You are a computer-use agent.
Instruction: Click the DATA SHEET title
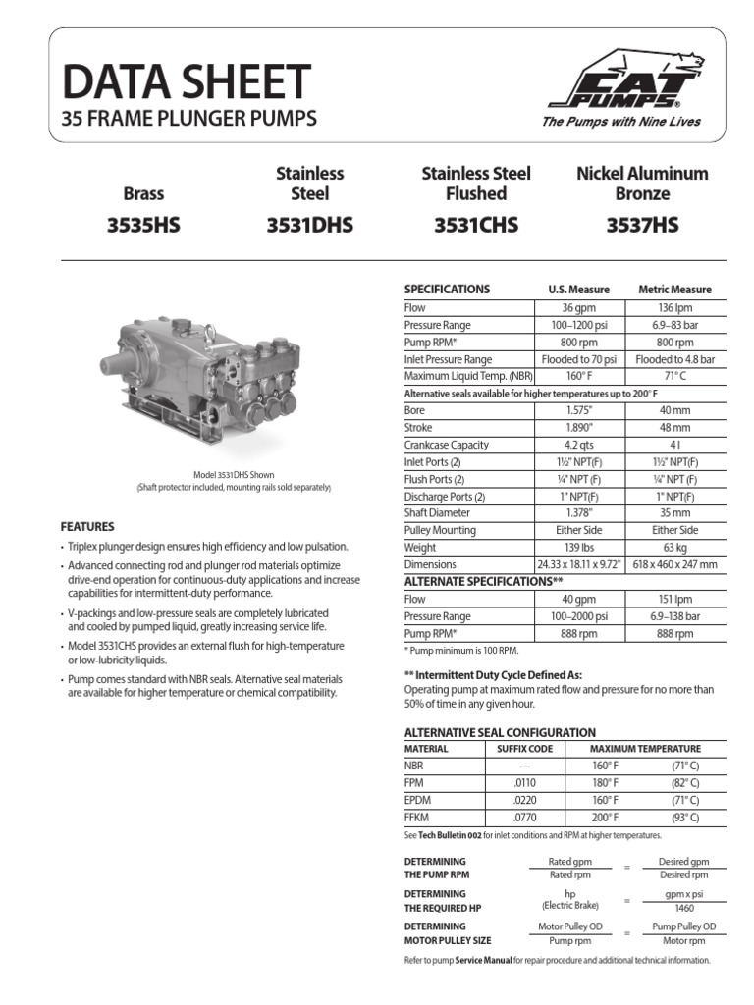pos(187,81)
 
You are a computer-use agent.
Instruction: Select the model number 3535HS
pos(144,227)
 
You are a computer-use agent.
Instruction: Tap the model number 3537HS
pos(641,227)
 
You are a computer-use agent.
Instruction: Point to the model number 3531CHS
pos(475,227)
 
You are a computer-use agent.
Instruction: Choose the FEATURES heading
pos(87,527)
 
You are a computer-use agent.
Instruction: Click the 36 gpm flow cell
pos(578,307)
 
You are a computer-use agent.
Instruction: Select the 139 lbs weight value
pos(578,548)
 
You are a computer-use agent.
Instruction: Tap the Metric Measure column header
pos(674,290)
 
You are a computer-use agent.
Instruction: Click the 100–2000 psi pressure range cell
pos(578,616)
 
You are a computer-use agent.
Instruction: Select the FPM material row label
pos(414,782)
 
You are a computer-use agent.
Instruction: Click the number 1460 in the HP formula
pos(673,908)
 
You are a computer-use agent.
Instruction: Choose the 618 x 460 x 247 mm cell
pos(674,565)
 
